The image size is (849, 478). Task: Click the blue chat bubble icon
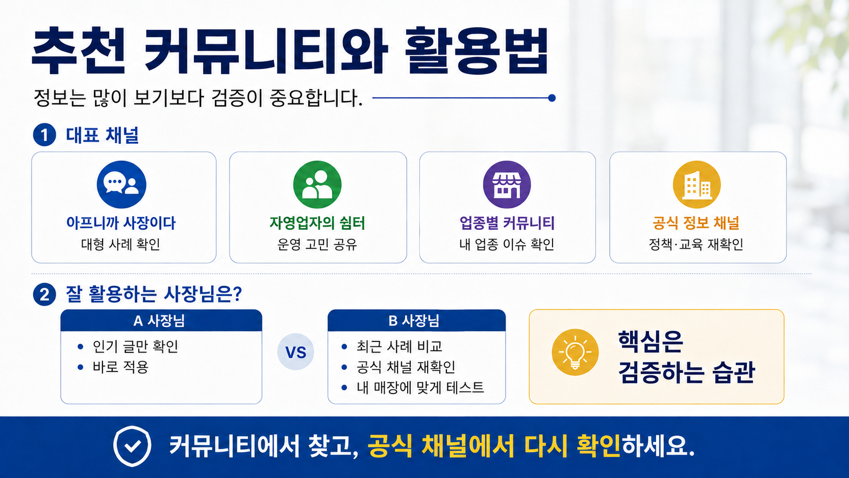[x=121, y=184]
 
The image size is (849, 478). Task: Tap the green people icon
[x=317, y=184]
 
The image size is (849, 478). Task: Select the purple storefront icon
[x=507, y=184]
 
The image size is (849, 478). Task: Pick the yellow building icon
[x=697, y=184]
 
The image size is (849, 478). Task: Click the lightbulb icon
[x=575, y=352]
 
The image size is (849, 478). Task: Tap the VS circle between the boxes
[x=296, y=352]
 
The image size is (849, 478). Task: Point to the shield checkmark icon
[x=133, y=446]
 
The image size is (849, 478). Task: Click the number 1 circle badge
[x=44, y=135]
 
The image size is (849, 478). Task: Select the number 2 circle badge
[x=44, y=295]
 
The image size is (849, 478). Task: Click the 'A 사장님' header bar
[x=161, y=321]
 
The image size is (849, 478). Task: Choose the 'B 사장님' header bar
[x=416, y=321]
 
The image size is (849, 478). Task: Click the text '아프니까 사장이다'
[x=121, y=223]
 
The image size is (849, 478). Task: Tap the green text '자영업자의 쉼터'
[x=317, y=223]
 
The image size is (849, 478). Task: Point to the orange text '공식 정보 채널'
[x=696, y=223]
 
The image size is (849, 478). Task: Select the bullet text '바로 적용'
[x=120, y=367]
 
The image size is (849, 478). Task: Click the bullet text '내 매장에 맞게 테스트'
[x=420, y=388]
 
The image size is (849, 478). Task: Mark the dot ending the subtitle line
[x=552, y=98]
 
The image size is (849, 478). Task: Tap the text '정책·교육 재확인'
[x=696, y=244]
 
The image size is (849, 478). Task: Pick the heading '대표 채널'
[x=103, y=135]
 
